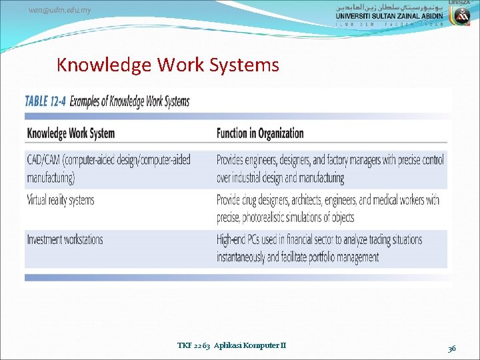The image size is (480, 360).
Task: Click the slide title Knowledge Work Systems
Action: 167,65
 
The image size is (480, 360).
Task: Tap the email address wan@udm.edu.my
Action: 61,10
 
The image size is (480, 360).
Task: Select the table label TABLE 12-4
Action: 45,102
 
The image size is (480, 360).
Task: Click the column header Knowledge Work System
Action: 71,133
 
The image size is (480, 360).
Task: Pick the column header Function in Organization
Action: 260,133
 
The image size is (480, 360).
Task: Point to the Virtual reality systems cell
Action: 61,200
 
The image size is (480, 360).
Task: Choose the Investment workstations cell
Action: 65,239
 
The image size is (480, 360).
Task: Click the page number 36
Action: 452,347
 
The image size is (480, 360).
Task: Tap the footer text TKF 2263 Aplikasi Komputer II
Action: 231,345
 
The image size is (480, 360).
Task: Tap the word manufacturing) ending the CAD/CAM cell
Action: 51,177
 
